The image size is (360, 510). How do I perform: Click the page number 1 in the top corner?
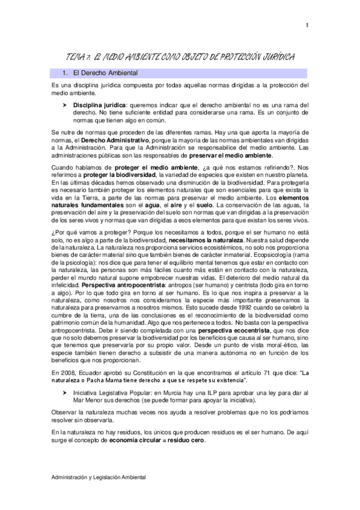click(307, 25)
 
